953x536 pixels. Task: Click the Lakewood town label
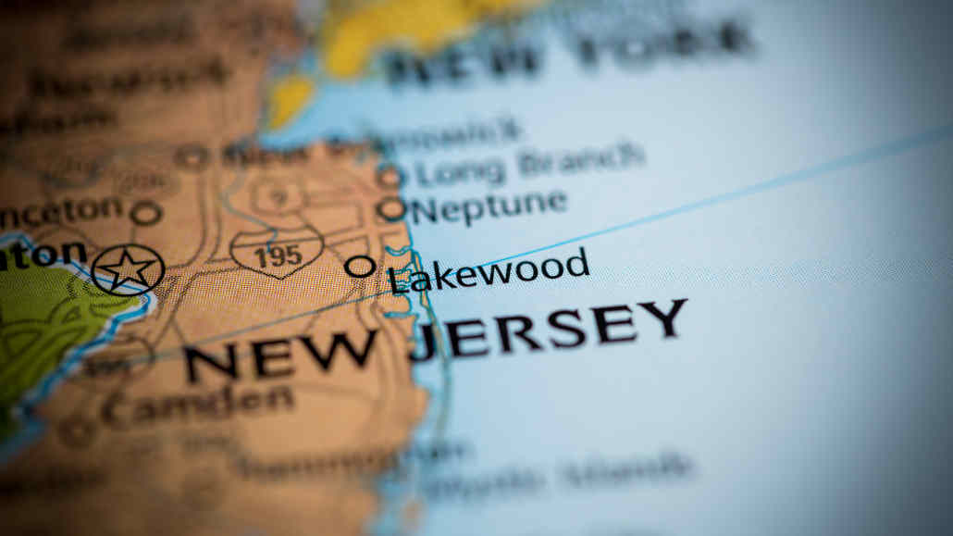tap(489, 271)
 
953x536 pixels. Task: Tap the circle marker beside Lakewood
tap(360, 267)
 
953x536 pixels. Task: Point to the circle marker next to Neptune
tap(391, 209)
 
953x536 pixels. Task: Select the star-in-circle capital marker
tap(128, 269)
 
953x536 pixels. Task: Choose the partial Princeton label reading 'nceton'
tap(61, 213)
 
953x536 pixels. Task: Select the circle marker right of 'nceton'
tap(146, 214)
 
